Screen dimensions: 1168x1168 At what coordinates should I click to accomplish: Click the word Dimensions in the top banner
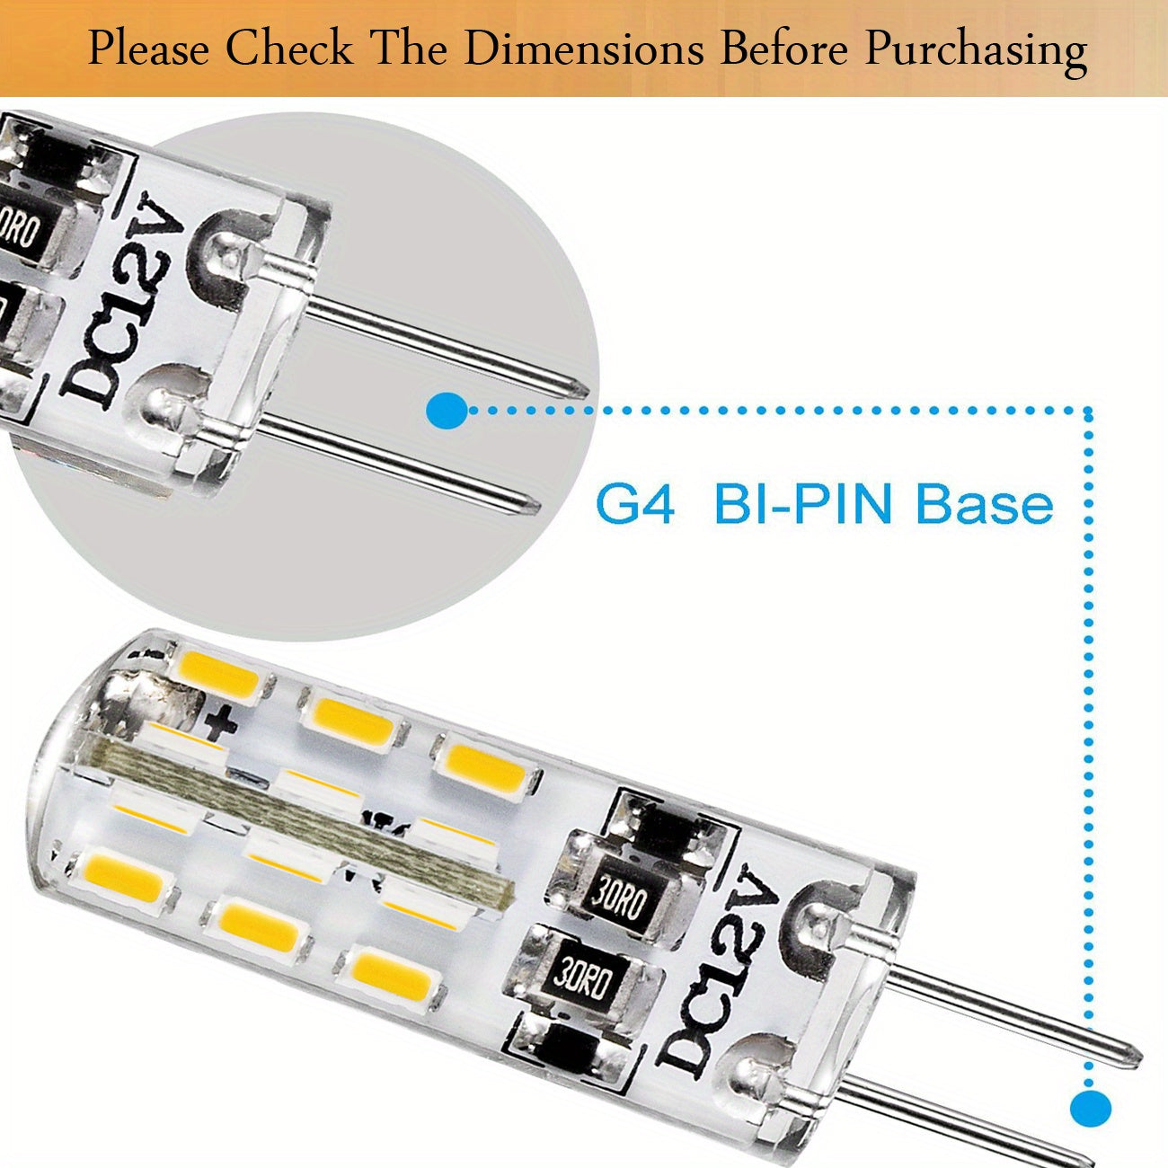coord(584,49)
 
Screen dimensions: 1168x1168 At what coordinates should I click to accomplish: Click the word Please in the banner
coord(148,49)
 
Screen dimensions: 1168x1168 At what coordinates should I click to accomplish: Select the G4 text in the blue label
coord(634,505)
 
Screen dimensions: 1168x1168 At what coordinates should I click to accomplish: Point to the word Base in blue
coord(984,505)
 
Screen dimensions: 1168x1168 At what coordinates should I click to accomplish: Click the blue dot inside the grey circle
coord(447,411)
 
